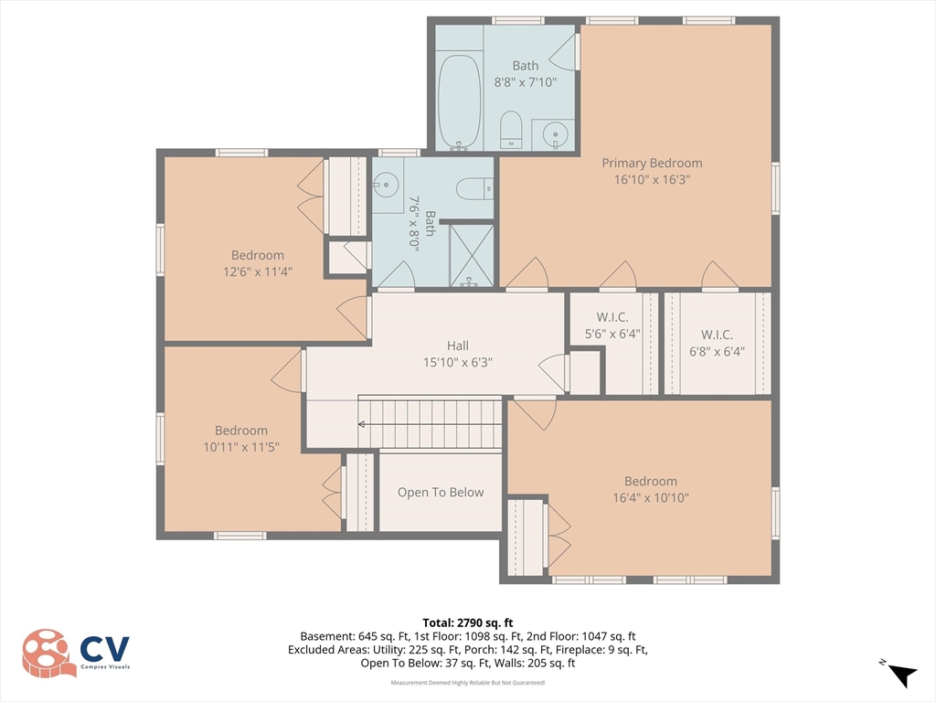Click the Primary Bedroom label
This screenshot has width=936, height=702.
652,163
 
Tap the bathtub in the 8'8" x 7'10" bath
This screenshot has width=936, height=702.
459,101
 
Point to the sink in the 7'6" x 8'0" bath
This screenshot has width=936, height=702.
386,182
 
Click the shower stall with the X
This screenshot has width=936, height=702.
472,256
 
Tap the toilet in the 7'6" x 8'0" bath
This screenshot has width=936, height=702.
475,189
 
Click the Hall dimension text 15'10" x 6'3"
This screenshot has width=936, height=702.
458,362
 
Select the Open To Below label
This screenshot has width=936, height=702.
441,493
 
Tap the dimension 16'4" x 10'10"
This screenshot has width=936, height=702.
651,497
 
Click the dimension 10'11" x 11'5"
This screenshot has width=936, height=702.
241,446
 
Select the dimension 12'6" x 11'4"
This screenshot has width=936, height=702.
258,271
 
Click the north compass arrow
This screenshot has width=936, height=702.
902,675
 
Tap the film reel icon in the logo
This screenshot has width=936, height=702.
48,653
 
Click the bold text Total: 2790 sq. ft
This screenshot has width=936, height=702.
468,623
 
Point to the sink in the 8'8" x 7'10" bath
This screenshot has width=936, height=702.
555,132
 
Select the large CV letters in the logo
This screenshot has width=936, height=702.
105,648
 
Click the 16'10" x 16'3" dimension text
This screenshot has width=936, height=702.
653,179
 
